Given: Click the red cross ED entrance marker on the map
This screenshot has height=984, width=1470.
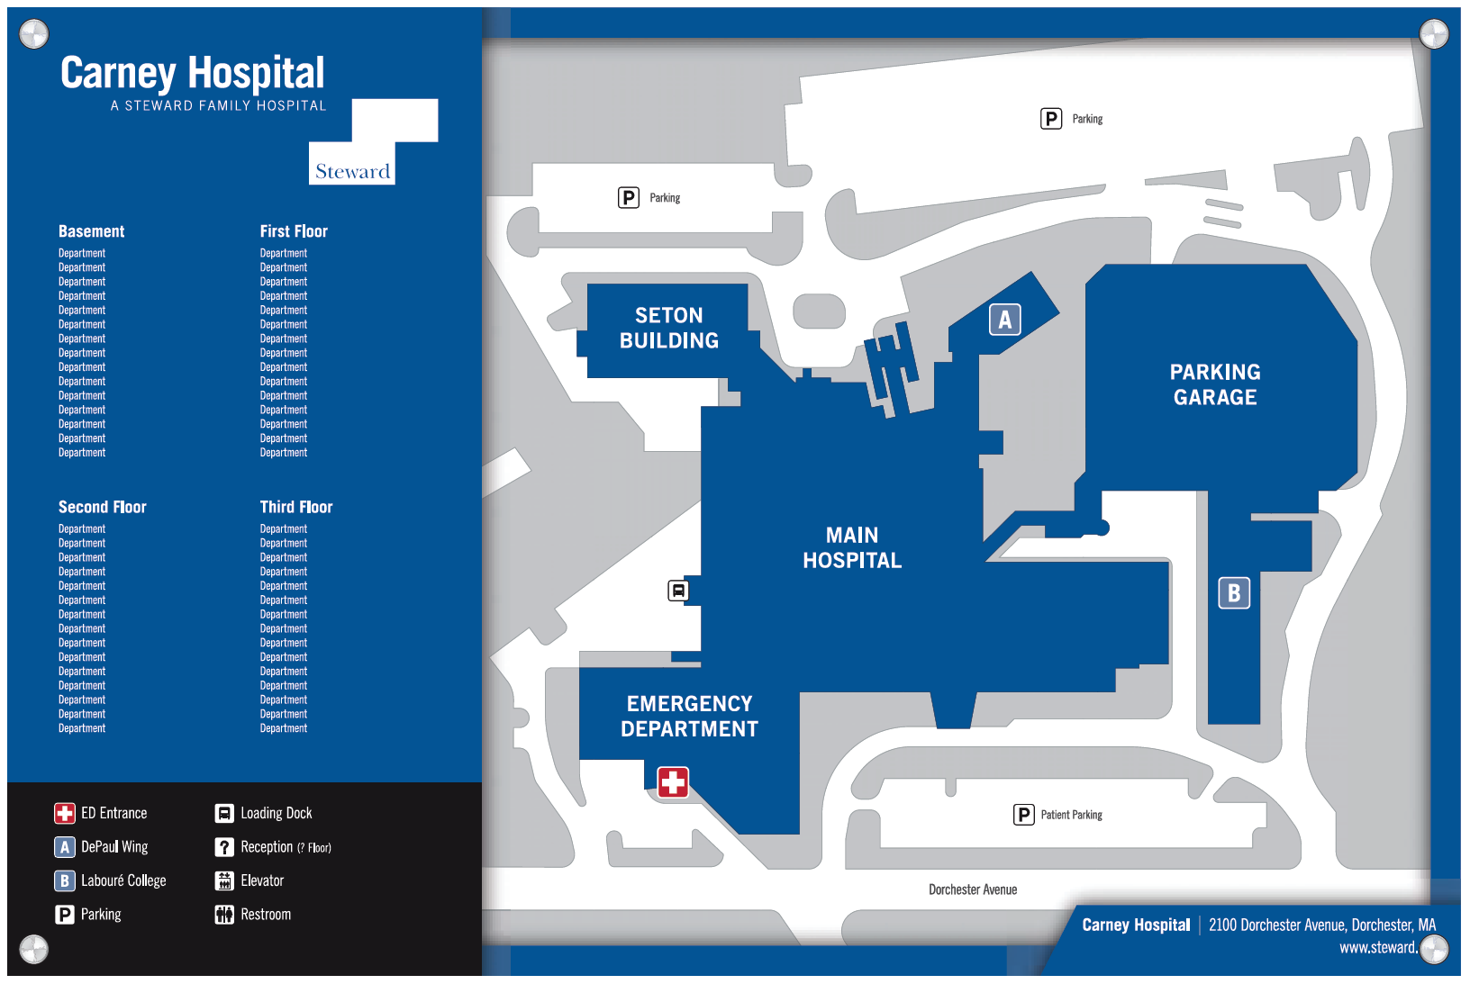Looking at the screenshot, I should pyautogui.click(x=673, y=781).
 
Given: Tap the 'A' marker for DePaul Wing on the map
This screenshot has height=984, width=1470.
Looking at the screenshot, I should pyautogui.click(x=1004, y=320).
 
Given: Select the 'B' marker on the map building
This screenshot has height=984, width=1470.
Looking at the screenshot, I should pyautogui.click(x=1234, y=592).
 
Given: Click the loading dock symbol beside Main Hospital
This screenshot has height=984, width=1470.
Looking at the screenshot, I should pyautogui.click(x=678, y=591).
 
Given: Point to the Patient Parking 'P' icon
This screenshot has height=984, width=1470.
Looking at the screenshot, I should pyautogui.click(x=1024, y=815).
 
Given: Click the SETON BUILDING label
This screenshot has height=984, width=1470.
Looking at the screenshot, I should pyautogui.click(x=668, y=328).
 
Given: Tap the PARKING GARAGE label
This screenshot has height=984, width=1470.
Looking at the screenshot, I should pyautogui.click(x=1214, y=384).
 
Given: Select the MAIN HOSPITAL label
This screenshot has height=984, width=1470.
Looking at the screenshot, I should pyautogui.click(x=851, y=547).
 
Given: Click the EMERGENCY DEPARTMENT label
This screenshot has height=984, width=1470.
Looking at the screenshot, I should pyautogui.click(x=689, y=716).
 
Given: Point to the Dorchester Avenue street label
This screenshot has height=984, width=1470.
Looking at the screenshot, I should pyautogui.click(x=973, y=889).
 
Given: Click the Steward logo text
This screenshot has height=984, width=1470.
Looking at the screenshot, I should pyautogui.click(x=352, y=171).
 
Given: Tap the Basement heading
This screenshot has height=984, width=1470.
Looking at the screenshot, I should pyautogui.click(x=91, y=231).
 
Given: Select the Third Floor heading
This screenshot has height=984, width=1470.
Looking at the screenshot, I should pyautogui.click(x=295, y=507).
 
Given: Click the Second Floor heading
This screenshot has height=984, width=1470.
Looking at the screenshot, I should pyautogui.click(x=102, y=507).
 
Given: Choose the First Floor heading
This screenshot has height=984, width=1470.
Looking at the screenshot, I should pyautogui.click(x=294, y=231).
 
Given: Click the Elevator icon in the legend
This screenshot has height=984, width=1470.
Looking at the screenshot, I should pyautogui.click(x=224, y=880).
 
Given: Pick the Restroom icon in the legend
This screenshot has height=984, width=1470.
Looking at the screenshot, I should pyautogui.click(x=224, y=915).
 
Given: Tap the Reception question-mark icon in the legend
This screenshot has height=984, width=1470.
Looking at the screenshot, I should pyautogui.click(x=224, y=847).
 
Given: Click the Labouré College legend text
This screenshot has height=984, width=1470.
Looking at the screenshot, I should pyautogui.click(x=123, y=880).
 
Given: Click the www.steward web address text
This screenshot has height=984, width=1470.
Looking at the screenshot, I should pyautogui.click(x=1377, y=947).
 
